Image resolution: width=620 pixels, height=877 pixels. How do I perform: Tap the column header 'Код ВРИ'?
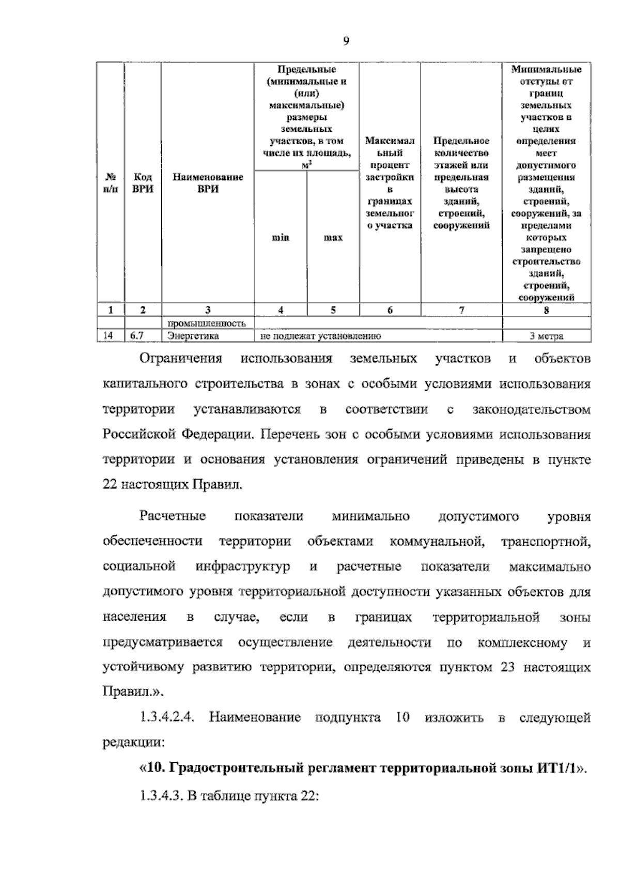[x=143, y=183]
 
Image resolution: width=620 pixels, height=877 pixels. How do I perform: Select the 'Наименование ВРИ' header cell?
[x=208, y=183]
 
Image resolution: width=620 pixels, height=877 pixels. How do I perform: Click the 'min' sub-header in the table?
[x=281, y=238]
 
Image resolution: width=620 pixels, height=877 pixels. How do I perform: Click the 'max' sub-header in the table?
[x=333, y=238]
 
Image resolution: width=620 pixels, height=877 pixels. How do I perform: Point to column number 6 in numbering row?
[x=390, y=310]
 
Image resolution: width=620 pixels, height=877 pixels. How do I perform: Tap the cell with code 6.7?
[x=137, y=336]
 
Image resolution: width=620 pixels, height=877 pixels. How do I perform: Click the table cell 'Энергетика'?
[x=193, y=336]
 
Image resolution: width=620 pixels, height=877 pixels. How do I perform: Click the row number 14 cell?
[x=108, y=336]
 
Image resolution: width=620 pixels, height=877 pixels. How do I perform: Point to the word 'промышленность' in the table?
[x=206, y=324]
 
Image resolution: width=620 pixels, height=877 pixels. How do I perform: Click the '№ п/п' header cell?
[x=111, y=183]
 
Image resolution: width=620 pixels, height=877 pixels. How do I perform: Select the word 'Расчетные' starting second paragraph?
[x=173, y=516]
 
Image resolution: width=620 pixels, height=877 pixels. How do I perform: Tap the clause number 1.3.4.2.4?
[x=166, y=718]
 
